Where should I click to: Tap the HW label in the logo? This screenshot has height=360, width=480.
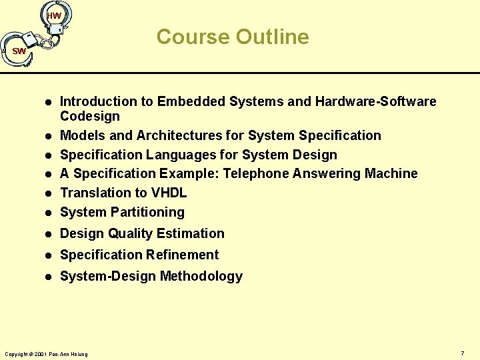(x=55, y=15)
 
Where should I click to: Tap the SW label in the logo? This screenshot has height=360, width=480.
(x=19, y=51)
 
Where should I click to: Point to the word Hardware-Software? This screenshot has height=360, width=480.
(x=376, y=101)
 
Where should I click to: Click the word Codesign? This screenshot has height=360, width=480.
(x=90, y=116)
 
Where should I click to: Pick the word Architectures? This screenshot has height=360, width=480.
(x=179, y=135)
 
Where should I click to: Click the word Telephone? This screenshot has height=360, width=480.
(x=256, y=173)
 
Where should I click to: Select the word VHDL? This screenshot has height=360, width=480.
(x=169, y=193)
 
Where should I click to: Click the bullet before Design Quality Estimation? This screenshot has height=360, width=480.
(x=48, y=234)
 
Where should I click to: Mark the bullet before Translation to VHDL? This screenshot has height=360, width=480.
(x=48, y=193)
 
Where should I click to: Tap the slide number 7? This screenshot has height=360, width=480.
(x=462, y=352)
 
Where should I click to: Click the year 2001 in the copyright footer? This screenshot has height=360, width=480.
(x=39, y=353)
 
